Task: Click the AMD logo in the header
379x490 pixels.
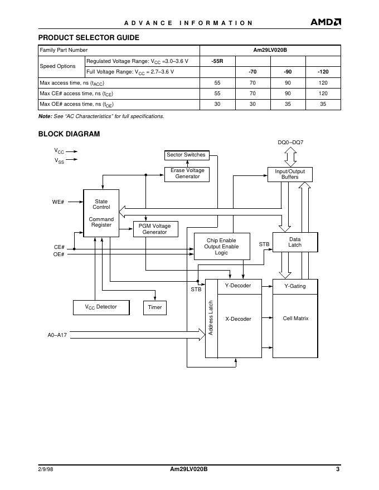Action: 325,22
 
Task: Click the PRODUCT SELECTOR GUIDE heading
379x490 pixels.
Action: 89,38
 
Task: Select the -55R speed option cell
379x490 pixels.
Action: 217,61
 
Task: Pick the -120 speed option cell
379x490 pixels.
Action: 323,72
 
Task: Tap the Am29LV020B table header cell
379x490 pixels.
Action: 270,50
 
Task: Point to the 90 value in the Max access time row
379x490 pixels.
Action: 288,82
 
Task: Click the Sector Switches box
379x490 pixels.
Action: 186,155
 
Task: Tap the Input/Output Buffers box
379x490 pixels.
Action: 290,174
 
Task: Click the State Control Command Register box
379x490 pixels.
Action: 101,213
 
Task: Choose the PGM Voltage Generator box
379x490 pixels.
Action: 154,229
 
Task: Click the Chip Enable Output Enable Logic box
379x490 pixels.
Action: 221,247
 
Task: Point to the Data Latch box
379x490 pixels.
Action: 295,242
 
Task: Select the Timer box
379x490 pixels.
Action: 155,307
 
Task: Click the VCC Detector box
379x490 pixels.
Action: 101,307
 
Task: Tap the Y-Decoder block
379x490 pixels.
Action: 238,286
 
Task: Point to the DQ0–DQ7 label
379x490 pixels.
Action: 290,143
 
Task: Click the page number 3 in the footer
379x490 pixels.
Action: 338,469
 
